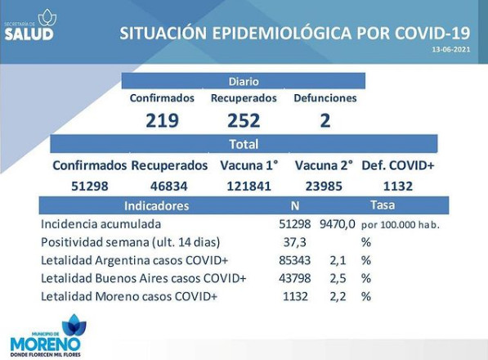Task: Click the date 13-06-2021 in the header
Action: coord(451,49)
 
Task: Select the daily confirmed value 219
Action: coord(162,120)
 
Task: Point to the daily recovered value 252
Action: coord(244,120)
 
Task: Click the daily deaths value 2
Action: coord(325,120)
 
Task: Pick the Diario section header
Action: coord(244,81)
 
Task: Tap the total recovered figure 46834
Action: coord(169,187)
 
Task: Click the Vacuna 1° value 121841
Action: coord(249,187)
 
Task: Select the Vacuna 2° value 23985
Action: coord(324,187)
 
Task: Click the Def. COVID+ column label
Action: coord(398,165)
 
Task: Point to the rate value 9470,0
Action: coord(338,224)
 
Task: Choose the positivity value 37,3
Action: coord(295,242)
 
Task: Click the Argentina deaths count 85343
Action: coord(295,260)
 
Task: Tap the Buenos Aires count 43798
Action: coord(295,278)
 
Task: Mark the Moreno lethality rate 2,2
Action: coord(338,296)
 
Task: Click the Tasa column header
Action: coord(383,205)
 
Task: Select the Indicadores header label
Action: coord(157,206)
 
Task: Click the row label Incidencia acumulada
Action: coord(101,224)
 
